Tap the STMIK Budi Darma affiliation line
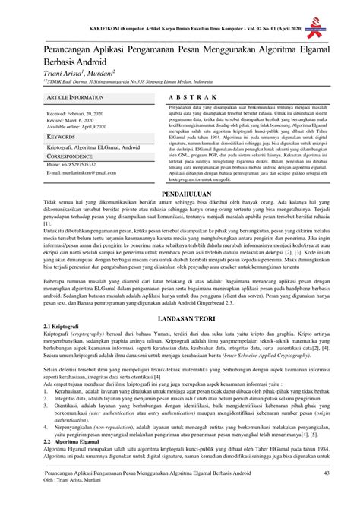118,77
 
